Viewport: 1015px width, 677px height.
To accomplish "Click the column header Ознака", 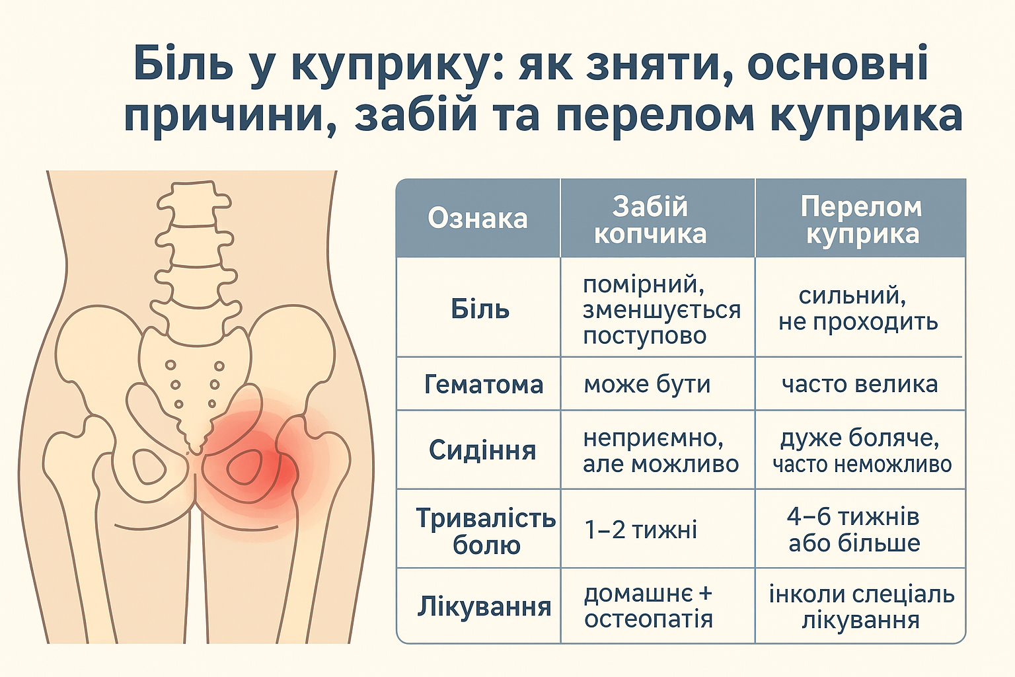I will pos(477,218).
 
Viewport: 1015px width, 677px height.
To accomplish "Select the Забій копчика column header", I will pos(650,220).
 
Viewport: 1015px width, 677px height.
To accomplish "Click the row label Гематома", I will pos(483,384).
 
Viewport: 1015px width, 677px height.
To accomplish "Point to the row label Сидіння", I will pos(482,450).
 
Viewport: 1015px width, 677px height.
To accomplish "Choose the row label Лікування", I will pos(484,606).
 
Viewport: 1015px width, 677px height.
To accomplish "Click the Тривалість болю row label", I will pos(486,531).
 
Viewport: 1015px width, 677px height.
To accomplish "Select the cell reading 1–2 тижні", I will pos(640,530).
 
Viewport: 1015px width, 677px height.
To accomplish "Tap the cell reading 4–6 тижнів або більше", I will pos(853,530).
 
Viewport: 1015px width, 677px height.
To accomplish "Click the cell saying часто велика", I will pos(859,384).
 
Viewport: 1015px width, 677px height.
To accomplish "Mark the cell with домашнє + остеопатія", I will pos(648,606).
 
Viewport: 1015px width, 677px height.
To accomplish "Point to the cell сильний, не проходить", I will pos(858,308).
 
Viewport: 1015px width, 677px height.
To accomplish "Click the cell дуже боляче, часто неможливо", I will pos(862,451).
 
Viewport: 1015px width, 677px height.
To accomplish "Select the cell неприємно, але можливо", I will pos(659,451).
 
